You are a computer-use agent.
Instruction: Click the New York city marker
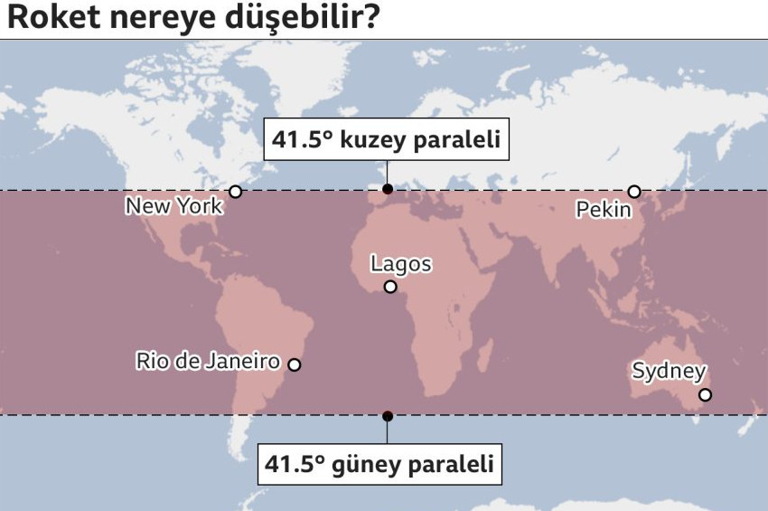click(x=236, y=192)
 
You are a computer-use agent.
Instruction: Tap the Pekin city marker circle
click(x=634, y=192)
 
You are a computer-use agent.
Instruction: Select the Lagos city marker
click(x=390, y=287)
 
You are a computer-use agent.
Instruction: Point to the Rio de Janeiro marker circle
click(x=294, y=364)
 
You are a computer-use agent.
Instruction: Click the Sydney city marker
click(x=705, y=394)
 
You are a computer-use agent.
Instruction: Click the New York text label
click(x=173, y=206)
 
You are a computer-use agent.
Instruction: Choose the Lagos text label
click(x=400, y=264)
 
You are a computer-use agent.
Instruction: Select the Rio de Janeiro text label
click(x=208, y=362)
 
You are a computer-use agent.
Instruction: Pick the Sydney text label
click(x=669, y=371)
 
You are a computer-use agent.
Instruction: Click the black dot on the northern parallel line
click(x=388, y=189)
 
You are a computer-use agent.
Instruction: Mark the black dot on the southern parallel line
click(x=388, y=416)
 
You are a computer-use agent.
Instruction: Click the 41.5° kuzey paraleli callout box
click(x=386, y=140)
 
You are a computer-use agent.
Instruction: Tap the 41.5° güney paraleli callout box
click(x=379, y=464)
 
